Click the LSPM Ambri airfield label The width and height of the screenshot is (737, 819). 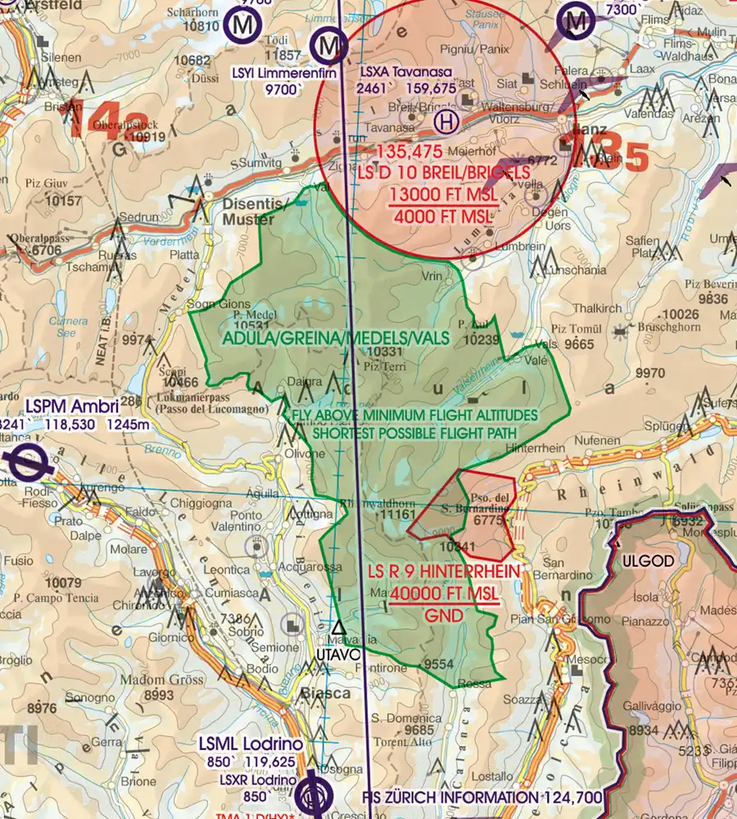click(72, 406)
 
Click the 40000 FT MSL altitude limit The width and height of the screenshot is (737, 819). click(445, 594)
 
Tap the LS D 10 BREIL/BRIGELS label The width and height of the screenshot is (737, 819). click(443, 173)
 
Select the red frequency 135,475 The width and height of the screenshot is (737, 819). click(409, 152)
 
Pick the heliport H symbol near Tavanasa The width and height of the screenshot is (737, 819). click(445, 123)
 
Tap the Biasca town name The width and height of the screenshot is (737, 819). click(326, 693)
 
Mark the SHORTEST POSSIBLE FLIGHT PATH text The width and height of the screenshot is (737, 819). click(414, 432)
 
